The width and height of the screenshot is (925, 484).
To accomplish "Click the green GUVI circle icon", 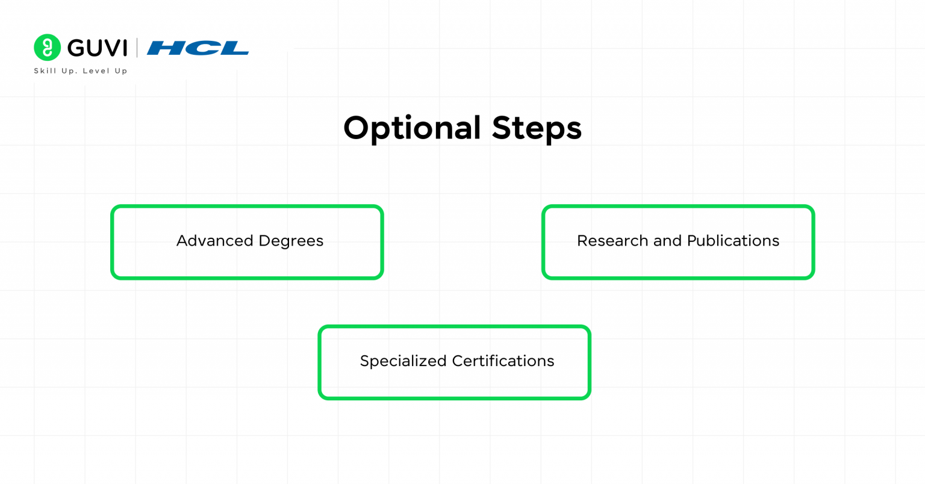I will tap(47, 48).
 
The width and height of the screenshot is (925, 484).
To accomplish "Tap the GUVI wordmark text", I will tap(97, 48).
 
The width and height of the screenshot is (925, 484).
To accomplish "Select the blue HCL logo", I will tap(198, 48).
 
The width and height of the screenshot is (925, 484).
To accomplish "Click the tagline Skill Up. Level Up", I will tap(81, 71).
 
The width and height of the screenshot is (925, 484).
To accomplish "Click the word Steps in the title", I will tap(537, 128).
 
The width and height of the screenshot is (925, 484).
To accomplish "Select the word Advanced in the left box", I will tap(214, 241).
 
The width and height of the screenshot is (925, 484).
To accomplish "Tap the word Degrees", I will tap(291, 241).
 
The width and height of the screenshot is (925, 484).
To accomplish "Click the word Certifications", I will tap(503, 361).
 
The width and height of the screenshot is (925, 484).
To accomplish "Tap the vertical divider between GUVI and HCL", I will tap(137, 48).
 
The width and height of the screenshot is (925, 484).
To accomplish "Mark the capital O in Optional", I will tap(357, 128).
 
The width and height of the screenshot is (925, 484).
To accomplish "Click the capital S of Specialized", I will tap(364, 361).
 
